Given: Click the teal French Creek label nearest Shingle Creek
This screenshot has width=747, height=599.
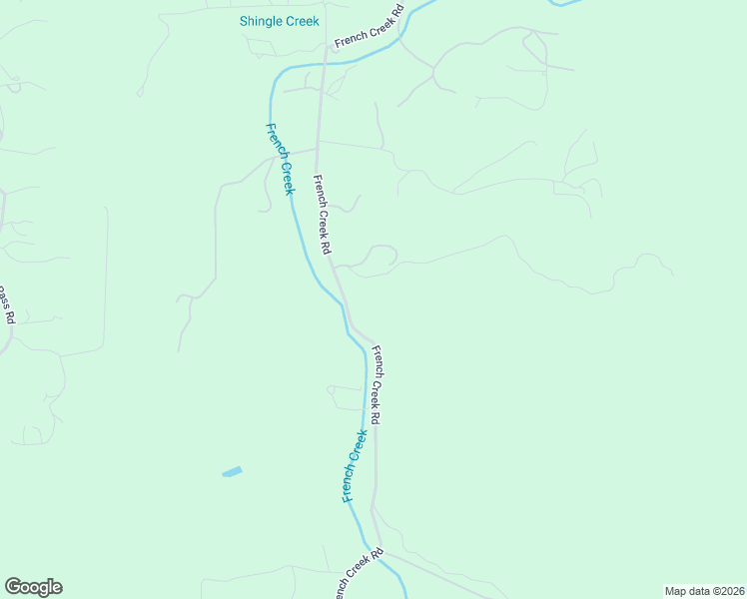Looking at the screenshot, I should click(x=281, y=159).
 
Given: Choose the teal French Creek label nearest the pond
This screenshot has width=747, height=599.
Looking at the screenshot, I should click(x=355, y=465).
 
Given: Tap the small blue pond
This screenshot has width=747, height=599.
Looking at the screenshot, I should click(x=232, y=471).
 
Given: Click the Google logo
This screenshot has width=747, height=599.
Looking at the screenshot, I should click(x=33, y=587).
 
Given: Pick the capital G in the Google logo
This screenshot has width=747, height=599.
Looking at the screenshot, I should click(x=13, y=586).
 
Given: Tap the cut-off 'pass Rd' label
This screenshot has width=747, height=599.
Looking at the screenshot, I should click(x=6, y=304).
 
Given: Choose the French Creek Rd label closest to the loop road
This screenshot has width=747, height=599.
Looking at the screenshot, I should click(x=323, y=214).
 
